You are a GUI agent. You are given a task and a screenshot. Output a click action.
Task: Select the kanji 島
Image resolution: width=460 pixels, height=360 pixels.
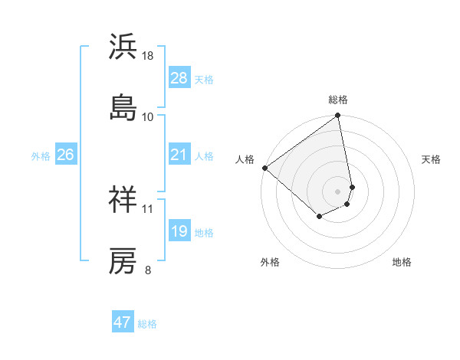[x=123, y=106]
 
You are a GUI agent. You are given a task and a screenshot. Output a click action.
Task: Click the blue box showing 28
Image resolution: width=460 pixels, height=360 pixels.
[x=179, y=78]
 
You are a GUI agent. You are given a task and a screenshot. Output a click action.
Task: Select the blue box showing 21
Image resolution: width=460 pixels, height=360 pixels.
[x=179, y=155]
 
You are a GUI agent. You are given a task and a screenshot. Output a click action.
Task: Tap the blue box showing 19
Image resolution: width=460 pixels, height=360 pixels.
[x=179, y=231]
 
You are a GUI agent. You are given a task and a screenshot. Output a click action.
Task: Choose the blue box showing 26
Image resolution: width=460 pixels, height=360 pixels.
[x=66, y=155]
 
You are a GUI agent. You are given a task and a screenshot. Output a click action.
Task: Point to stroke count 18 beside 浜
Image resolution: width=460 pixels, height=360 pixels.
[x=148, y=56]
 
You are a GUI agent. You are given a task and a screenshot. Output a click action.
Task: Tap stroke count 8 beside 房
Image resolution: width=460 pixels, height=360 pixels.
[x=148, y=270]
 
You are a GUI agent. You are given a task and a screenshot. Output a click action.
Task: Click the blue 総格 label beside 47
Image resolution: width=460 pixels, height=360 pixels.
[x=147, y=324]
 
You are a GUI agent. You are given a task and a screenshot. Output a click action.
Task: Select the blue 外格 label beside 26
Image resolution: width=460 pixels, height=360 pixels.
[x=41, y=156]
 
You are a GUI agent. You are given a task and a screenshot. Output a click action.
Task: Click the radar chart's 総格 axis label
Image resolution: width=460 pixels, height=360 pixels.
[x=338, y=100]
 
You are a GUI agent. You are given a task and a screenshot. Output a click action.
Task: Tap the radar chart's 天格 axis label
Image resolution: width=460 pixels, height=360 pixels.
[x=432, y=159]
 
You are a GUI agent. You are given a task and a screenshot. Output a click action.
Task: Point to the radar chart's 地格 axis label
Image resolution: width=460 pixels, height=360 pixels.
[x=402, y=262]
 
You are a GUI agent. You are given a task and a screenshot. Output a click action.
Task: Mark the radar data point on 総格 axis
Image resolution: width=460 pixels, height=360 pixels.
[x=338, y=116]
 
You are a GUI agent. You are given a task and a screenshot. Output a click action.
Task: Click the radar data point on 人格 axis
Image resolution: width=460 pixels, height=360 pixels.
[x=264, y=167]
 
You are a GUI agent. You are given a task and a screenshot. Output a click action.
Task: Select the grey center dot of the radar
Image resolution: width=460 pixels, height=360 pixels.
[x=338, y=191]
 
